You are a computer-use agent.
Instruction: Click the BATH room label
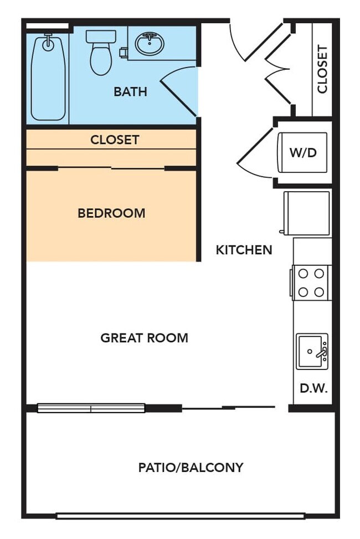(130, 91)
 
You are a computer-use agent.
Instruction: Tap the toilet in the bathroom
(100, 53)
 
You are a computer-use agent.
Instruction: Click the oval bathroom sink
(149, 44)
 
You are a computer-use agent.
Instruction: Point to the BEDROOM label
(111, 213)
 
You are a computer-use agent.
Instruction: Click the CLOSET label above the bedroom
(115, 140)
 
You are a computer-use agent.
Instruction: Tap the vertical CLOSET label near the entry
(322, 69)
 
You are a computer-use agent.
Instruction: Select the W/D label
(303, 152)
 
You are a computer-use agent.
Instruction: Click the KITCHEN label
(244, 250)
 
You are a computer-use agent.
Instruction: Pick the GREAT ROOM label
(144, 337)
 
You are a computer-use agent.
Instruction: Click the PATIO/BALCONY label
(191, 468)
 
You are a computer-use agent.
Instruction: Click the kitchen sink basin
(311, 351)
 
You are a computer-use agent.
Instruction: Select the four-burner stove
(311, 283)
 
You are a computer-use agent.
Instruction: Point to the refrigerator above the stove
(306, 212)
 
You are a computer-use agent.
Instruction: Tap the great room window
(91, 408)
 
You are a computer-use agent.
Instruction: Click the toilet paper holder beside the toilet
(123, 53)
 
